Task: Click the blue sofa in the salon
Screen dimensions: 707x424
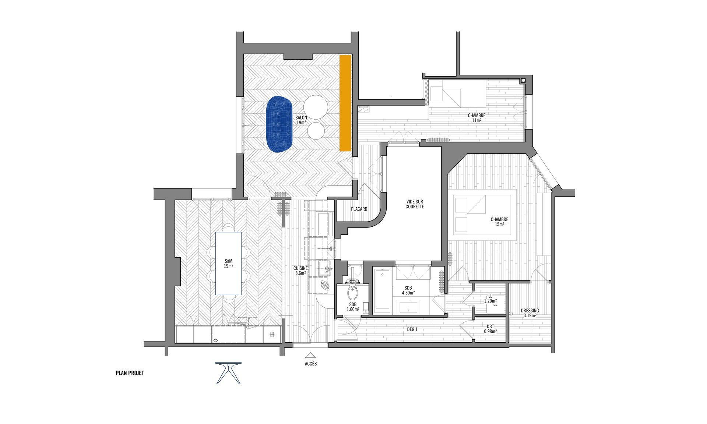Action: [279, 124]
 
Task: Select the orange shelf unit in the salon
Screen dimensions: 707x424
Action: [345, 103]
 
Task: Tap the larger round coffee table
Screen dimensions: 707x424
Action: [316, 107]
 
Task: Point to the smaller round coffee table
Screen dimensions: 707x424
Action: [316, 131]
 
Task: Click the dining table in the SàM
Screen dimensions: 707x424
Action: [228, 263]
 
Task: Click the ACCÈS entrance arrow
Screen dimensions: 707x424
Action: [310, 356]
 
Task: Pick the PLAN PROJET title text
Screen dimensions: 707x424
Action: [130, 373]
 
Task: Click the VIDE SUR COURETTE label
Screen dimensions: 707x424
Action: [415, 204]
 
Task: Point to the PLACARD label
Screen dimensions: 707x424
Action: [359, 209]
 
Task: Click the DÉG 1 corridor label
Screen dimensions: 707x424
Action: [411, 330]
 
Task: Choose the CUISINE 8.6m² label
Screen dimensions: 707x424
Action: [300, 271]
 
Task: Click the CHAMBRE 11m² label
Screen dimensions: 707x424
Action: [476, 118]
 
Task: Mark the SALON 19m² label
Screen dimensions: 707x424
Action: [301, 120]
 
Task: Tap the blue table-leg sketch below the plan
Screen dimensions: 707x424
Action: [229, 373]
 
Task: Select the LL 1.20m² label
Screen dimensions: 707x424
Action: [490, 298]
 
